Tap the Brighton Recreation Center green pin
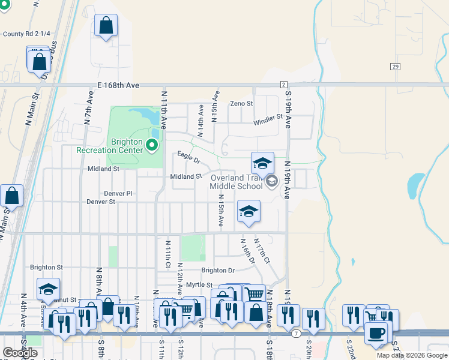click(152, 145)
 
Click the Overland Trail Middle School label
click(237, 182)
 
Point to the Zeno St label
click(242, 104)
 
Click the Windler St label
click(268, 120)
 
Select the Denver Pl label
click(118, 193)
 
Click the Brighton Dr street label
click(218, 271)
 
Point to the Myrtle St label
click(199, 284)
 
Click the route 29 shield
click(394, 66)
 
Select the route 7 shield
click(296, 332)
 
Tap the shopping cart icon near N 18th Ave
click(255, 294)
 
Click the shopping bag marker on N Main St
click(11, 195)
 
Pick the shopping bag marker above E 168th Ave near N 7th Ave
click(106, 25)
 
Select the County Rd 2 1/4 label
click(23, 34)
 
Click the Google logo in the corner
click(20, 353)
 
